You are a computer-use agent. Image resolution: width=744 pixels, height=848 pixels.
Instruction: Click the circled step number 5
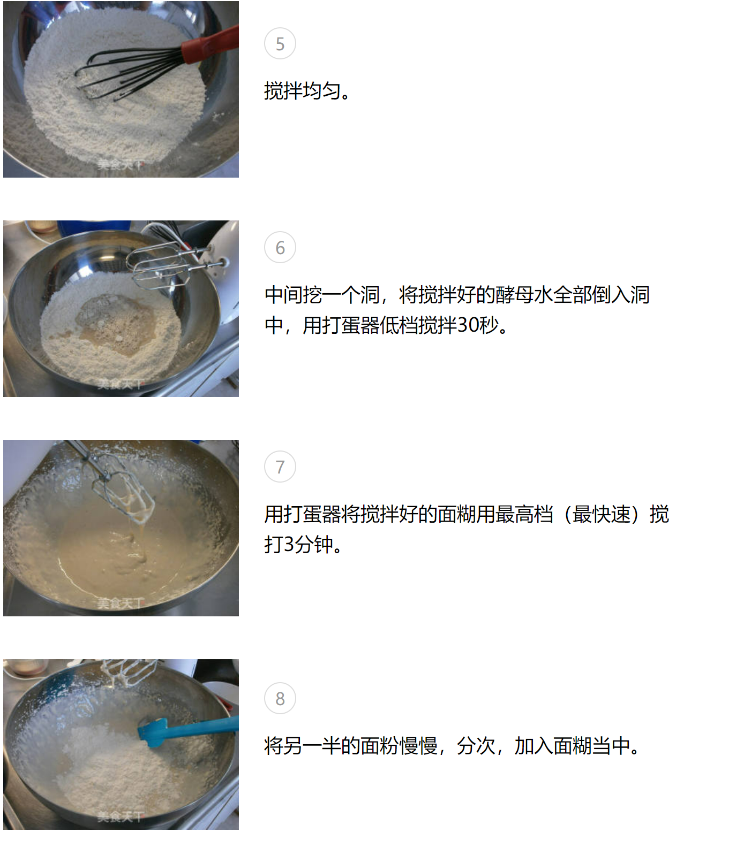pyautogui.click(x=280, y=44)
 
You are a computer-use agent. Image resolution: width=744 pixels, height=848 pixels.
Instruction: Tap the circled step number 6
pyautogui.click(x=280, y=248)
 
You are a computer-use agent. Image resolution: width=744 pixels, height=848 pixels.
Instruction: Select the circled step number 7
pyautogui.click(x=280, y=467)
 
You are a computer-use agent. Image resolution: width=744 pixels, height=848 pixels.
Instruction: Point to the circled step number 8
pyautogui.click(x=280, y=699)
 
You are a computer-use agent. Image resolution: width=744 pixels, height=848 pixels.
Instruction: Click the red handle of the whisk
pyautogui.click(x=210, y=43)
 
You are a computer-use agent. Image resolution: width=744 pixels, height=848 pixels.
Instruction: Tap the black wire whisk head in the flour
pyautogui.click(x=131, y=72)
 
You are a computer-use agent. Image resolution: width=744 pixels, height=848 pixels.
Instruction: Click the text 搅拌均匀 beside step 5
pyautogui.click(x=303, y=91)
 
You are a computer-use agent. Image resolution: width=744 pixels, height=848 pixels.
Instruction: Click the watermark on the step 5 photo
pyautogui.click(x=121, y=165)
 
